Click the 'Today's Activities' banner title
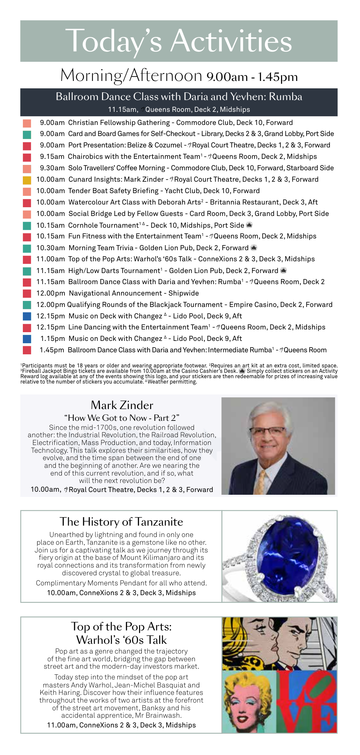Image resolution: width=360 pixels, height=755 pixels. click(x=179, y=41)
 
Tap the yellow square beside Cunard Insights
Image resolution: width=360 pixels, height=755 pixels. click(x=27, y=180)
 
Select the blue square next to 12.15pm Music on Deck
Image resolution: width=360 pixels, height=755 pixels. click(x=27, y=316)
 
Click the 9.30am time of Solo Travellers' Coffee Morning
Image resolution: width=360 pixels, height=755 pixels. click(x=52, y=168)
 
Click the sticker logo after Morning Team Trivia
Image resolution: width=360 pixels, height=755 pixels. click(x=254, y=248)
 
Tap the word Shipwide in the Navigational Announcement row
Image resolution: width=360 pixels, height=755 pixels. click(x=184, y=293)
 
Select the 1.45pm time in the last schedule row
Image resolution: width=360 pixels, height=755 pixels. click(x=52, y=350)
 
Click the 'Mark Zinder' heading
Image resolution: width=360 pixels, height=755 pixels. click(x=122, y=405)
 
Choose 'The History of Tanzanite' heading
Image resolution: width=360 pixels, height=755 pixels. click(x=121, y=522)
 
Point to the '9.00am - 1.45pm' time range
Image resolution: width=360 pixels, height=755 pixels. click(x=252, y=77)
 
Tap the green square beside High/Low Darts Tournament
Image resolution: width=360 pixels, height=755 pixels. click(x=27, y=271)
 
